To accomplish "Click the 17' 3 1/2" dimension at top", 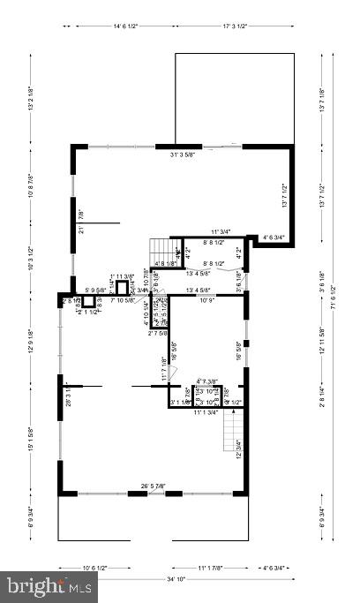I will (240, 26).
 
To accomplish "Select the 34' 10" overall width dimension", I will (179, 578).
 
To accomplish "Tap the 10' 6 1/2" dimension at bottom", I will (95, 568).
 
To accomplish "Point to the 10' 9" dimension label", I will (206, 300).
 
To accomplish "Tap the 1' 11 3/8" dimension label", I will (122, 276).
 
